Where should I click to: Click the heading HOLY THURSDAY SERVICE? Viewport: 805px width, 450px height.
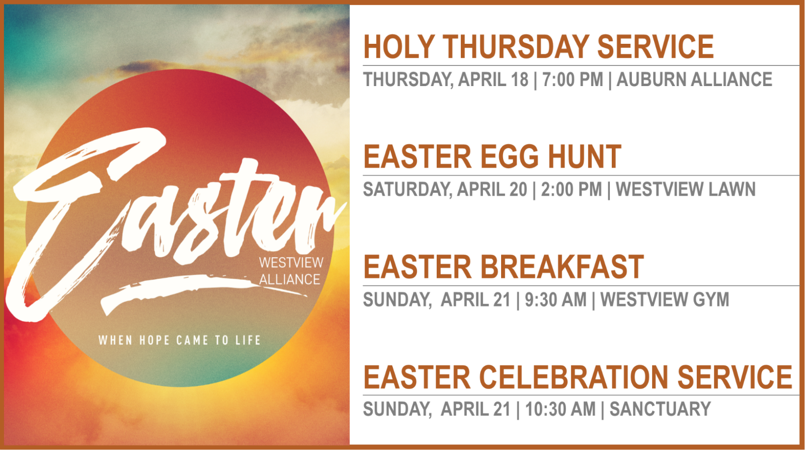pyautogui.click(x=538, y=47)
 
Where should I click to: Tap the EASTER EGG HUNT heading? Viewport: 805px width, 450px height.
pyautogui.click(x=493, y=157)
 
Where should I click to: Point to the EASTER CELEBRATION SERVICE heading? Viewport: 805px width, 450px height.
pyautogui.click(x=578, y=377)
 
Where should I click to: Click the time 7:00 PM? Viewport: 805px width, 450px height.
pyautogui.click(x=573, y=80)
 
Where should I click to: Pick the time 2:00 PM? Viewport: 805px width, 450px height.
pyautogui.click(x=572, y=189)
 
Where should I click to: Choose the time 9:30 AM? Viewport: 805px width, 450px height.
pyautogui.click(x=555, y=299)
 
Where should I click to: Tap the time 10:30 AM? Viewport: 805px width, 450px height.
pyautogui.click(x=560, y=409)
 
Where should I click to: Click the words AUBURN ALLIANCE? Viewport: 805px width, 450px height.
pyautogui.click(x=694, y=80)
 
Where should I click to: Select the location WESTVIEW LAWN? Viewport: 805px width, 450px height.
pyautogui.click(x=686, y=189)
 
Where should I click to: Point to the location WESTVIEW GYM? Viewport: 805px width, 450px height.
pyautogui.click(x=665, y=299)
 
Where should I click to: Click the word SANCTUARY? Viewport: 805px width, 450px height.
pyautogui.click(x=660, y=409)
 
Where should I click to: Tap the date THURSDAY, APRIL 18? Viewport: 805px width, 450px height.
pyautogui.click(x=446, y=80)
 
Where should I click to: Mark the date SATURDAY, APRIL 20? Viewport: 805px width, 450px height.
pyautogui.click(x=445, y=189)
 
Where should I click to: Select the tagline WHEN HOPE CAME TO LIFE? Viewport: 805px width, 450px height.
pyautogui.click(x=179, y=340)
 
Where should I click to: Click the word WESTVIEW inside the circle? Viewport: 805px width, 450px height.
pyautogui.click(x=291, y=263)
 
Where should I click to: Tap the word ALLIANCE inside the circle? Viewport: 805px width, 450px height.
pyautogui.click(x=290, y=279)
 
